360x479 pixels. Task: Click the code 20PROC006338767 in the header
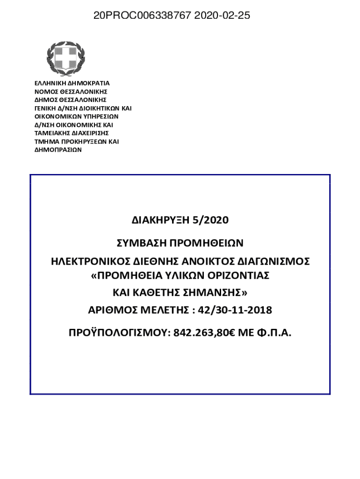(x=142, y=16)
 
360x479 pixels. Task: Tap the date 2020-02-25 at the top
(x=222, y=16)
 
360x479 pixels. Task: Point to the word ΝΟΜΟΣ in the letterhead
(x=45, y=91)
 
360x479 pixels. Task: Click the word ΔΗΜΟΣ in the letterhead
(x=45, y=100)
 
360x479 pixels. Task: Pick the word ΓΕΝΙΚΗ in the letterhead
(x=46, y=108)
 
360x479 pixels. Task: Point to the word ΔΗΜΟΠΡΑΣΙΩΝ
(x=58, y=150)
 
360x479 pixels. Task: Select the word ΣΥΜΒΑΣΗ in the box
(x=141, y=243)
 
